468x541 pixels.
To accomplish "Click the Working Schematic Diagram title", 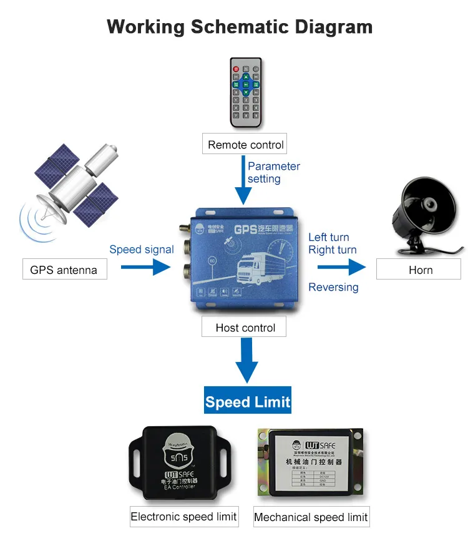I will pos(240,27).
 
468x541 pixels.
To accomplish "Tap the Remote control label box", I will pos(246,145).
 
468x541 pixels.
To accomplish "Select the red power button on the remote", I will pos(236,69).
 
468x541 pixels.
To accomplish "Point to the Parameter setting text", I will pos(273,173).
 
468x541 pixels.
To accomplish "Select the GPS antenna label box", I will pos(64,270).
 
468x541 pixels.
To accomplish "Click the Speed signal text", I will pos(142,250).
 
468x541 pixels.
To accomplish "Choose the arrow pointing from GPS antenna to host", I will pos(145,268).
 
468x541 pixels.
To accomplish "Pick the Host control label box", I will pos(245,328).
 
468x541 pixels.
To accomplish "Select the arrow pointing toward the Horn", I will pos(341,268).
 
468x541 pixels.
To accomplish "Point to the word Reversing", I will pos(333,287).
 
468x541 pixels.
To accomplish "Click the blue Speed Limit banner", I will pos(248,402).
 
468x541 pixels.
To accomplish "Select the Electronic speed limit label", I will pos(183,517).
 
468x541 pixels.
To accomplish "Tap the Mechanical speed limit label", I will pos(311,517).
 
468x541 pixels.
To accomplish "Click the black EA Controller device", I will pos(181,462).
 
